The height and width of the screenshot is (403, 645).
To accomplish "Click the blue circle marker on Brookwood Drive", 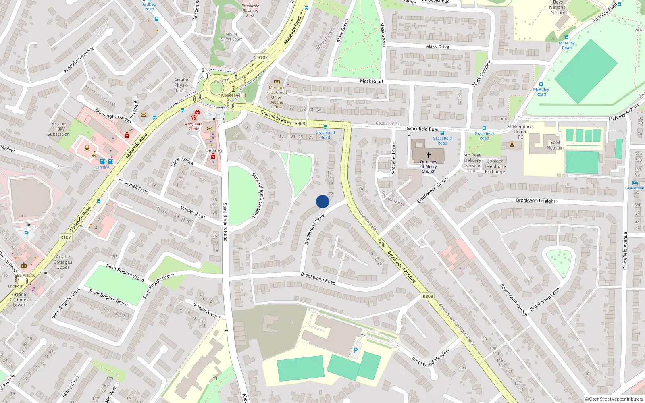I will click(x=322, y=201).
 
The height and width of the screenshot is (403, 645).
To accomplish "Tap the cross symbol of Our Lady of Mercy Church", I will click(x=428, y=155).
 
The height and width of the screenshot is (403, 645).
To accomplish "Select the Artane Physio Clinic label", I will click(x=181, y=85).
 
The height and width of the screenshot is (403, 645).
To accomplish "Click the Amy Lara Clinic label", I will click(x=194, y=126).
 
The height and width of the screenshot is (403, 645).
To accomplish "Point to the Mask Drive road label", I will click(x=437, y=46).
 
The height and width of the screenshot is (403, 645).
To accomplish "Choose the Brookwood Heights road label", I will click(x=537, y=200).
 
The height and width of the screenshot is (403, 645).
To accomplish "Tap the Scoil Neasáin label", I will click(x=555, y=145).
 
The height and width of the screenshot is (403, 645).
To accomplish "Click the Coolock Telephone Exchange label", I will click(x=495, y=166).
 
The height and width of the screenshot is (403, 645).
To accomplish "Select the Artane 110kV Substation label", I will click(x=58, y=129).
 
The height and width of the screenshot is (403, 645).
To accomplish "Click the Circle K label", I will click(x=102, y=167).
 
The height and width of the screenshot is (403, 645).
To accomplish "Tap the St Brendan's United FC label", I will click(x=520, y=131).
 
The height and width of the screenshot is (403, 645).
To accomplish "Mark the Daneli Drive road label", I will click(x=183, y=161).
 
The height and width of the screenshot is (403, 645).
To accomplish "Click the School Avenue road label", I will click(x=207, y=311).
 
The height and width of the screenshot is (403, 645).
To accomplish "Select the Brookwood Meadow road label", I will click(x=431, y=358).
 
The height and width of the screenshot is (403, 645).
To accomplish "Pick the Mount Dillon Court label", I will click(x=231, y=37).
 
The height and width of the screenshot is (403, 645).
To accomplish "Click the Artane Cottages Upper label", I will click(x=63, y=262).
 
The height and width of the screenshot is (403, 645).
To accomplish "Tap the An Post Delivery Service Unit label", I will click(x=472, y=163).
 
